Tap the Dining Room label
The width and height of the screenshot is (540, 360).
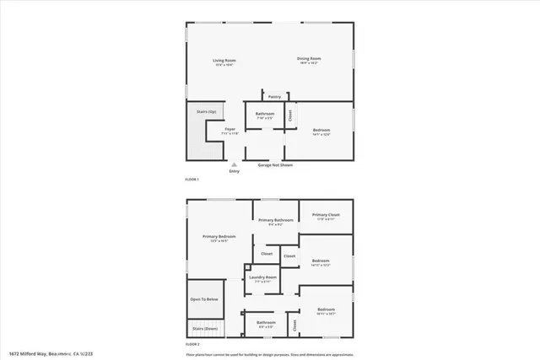[x=309, y=58]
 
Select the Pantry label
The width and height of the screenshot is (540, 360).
[x=274, y=97]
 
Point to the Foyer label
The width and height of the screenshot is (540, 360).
[x=229, y=129]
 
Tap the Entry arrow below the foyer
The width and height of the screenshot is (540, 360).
[x=235, y=164]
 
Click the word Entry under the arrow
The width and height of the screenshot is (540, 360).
[x=235, y=172]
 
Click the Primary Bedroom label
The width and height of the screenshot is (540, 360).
[x=219, y=237]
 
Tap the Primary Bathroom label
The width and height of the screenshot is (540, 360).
[x=276, y=220]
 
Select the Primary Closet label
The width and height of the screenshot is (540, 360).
[x=326, y=215]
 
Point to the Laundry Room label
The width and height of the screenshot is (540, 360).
[x=262, y=277]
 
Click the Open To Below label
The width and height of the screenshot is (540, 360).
[x=204, y=299]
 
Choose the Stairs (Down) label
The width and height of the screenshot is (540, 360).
[x=205, y=329]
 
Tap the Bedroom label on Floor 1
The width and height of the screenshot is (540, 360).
[x=321, y=129]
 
